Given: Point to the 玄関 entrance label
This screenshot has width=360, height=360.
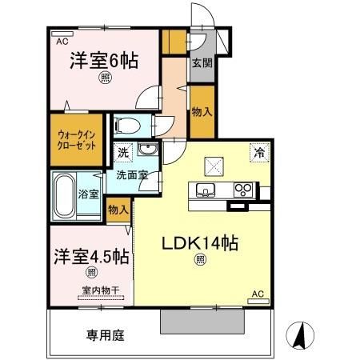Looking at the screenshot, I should [x=200, y=65].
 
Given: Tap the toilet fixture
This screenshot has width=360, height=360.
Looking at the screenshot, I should [x=129, y=125].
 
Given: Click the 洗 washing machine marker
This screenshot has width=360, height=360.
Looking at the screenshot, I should [x=123, y=151].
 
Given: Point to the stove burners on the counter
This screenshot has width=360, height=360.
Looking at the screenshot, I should [x=244, y=190].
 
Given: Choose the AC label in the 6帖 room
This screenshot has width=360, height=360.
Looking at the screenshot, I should [x=62, y=38].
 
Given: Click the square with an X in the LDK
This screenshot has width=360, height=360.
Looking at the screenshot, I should [x=214, y=164].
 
